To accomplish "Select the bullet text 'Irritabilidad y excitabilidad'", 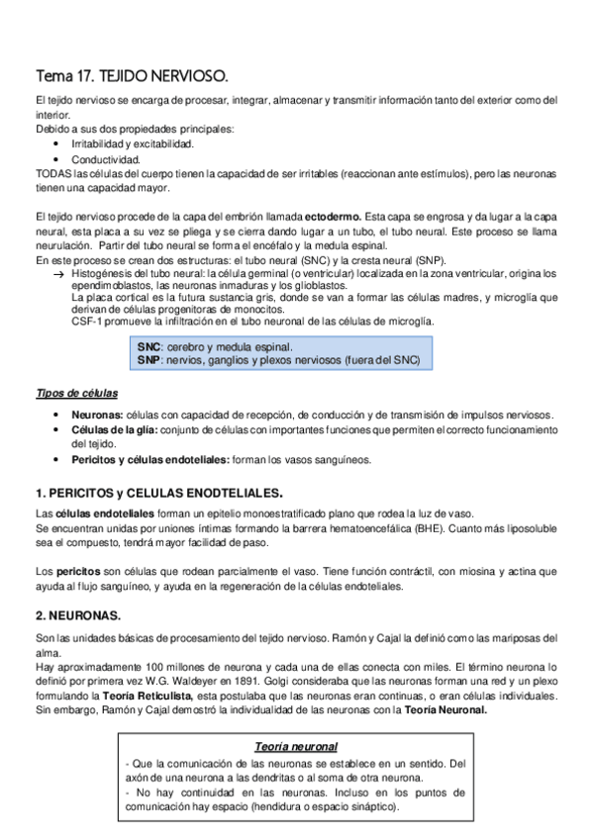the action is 133,143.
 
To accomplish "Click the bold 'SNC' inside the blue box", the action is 149,347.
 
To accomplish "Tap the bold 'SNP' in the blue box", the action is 149,360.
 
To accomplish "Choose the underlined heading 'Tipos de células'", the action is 74,394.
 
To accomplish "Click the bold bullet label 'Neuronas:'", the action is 99,415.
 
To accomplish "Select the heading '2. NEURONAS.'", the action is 77,613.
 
